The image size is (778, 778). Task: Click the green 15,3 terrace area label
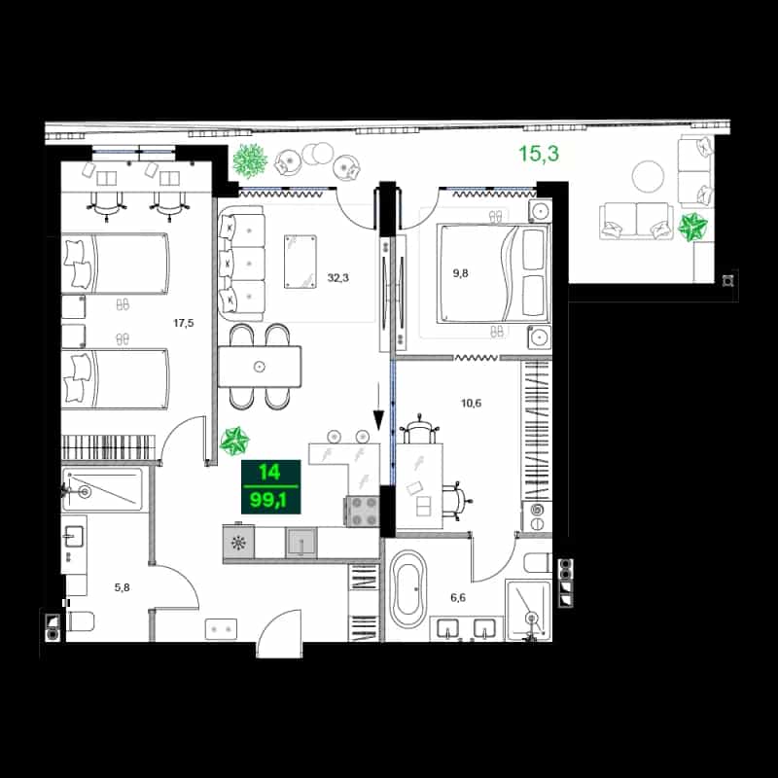(x=539, y=154)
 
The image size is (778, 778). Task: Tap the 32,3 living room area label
(x=337, y=278)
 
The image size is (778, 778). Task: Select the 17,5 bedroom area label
(x=183, y=324)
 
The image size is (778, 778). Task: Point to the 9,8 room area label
(x=460, y=273)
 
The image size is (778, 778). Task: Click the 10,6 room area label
(x=471, y=403)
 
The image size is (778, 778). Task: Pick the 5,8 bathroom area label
(x=123, y=587)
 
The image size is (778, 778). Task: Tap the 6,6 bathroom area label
(x=458, y=597)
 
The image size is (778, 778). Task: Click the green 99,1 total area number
(x=268, y=500)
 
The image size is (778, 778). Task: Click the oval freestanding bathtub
(x=407, y=589)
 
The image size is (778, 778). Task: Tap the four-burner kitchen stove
(x=362, y=512)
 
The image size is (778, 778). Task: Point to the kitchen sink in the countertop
(x=301, y=543)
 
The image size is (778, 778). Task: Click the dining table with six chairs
(x=260, y=367)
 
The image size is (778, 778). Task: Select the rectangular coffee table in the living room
(x=301, y=262)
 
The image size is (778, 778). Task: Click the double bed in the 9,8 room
(x=493, y=273)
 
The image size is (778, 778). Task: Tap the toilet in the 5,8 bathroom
(x=80, y=621)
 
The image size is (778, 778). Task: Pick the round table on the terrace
(x=648, y=176)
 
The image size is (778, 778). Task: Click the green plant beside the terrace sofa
(x=692, y=227)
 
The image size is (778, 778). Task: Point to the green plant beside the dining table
(x=234, y=442)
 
